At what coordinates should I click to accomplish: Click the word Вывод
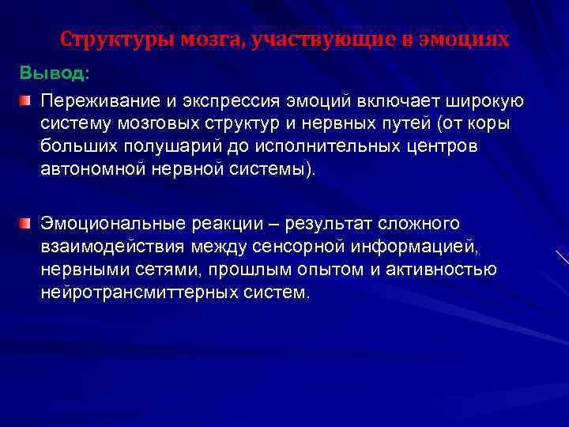point(54,74)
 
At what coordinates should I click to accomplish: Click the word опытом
point(332,270)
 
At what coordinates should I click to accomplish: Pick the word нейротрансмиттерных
point(134,292)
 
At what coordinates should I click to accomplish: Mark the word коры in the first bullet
point(492,124)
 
